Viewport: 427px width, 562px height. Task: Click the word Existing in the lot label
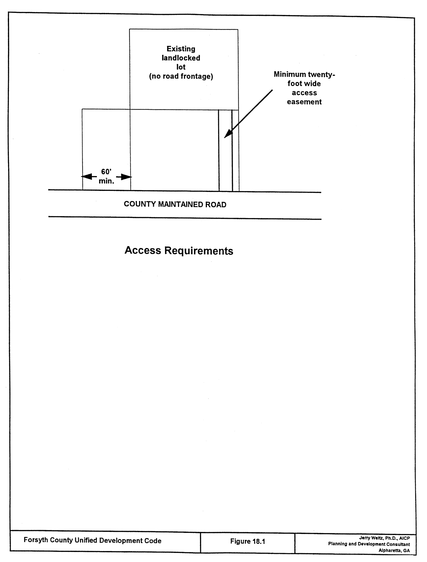click(181, 49)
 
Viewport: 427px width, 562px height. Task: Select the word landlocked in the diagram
click(181, 58)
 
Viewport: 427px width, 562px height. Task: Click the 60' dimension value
click(106, 172)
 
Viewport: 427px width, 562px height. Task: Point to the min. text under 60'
click(106, 181)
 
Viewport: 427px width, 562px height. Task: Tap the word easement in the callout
click(304, 102)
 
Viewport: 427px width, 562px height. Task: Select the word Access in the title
click(143, 250)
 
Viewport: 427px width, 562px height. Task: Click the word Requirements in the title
click(199, 251)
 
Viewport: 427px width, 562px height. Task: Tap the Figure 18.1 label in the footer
click(248, 541)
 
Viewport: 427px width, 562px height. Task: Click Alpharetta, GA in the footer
click(394, 550)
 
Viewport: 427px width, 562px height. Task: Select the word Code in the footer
click(154, 541)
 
